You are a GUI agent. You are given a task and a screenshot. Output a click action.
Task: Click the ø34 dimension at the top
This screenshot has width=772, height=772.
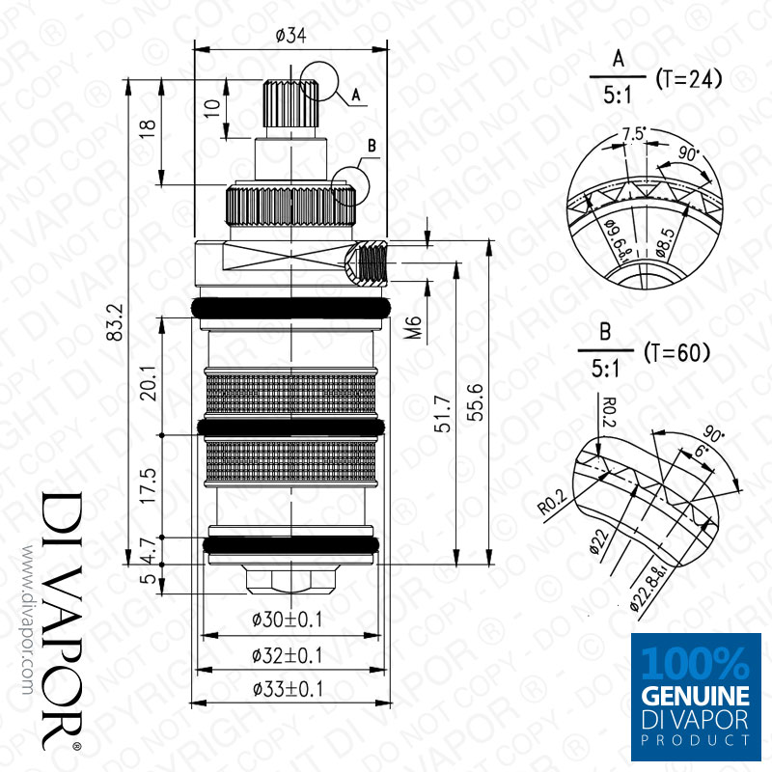[290, 36]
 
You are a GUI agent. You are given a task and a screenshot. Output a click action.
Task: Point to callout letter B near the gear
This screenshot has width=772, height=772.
[371, 147]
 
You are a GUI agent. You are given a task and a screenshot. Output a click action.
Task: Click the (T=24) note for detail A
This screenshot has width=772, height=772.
[688, 78]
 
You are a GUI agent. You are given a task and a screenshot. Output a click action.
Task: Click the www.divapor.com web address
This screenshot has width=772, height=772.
[25, 618]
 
